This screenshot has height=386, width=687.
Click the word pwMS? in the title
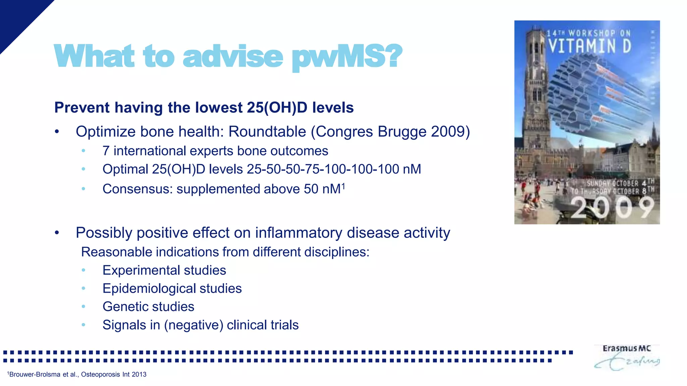347,56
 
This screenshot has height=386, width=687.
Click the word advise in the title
233,56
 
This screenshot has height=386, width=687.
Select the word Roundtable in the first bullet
267,131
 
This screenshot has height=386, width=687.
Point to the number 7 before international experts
106,151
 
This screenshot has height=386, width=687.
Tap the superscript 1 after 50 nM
343,186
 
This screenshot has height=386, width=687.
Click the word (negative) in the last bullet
194,325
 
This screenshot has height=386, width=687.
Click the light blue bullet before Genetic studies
84,307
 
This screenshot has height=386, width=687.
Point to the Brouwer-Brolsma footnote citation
77,374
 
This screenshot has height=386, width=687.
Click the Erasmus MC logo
626,357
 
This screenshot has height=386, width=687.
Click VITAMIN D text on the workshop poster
590,46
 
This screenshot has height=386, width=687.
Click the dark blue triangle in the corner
17,17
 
